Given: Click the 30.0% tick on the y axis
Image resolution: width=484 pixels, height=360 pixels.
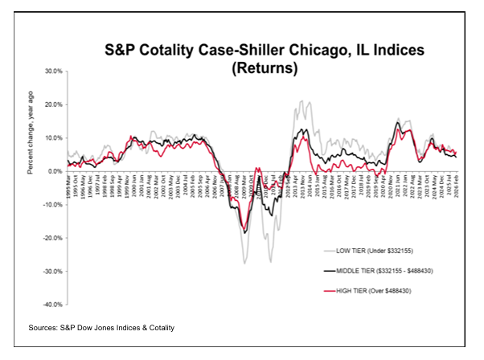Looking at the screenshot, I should tap(52, 71).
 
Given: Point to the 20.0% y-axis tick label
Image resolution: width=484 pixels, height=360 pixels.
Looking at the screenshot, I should tap(52, 104).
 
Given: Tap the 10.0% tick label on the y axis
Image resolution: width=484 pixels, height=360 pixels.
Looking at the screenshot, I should tap(52, 137).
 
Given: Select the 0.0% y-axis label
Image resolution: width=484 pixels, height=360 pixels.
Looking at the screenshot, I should tap(54, 171).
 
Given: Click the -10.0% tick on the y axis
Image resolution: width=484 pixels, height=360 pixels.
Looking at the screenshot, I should tap(51, 204).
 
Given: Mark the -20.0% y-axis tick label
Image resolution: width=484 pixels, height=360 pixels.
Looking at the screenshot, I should tap(51, 238).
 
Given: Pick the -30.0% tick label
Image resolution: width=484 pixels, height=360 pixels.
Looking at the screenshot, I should tap(51, 271).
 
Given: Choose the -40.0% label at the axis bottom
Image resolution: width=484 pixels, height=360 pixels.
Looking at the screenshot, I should tap(51, 305).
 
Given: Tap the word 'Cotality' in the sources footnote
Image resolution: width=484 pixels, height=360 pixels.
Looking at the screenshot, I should tap(154, 328).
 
